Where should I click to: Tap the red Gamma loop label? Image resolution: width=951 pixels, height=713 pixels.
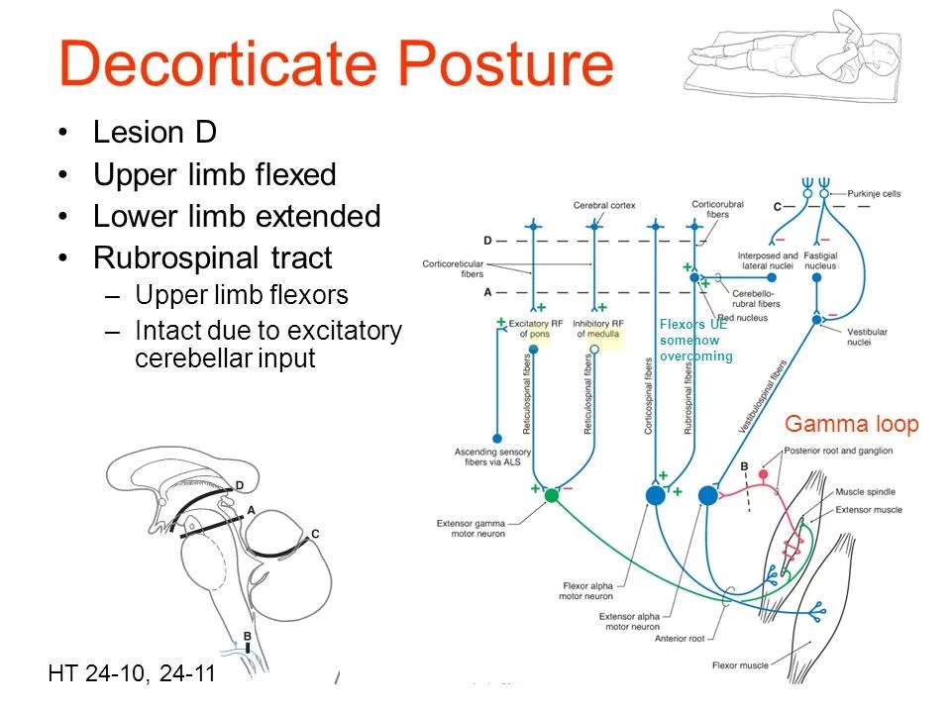pos(851,425)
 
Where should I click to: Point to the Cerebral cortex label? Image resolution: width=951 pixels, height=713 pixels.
pos(603,205)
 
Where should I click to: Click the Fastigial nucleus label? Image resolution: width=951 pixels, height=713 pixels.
pos(821,260)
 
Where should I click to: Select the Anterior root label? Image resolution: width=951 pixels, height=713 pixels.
pos(679,638)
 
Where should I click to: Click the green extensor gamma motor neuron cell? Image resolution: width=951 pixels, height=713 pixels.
pos(552,495)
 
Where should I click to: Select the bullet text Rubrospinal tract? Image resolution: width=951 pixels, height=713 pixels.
pos(212,258)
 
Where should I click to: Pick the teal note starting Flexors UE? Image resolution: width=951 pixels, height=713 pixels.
pos(695,340)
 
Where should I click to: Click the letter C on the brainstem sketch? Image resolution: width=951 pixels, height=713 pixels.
pos(315,535)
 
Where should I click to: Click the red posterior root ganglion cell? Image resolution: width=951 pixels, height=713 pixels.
pos(763,476)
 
